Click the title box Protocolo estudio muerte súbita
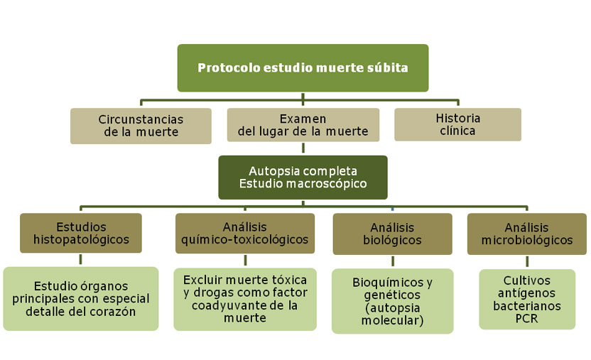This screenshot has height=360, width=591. (x=303, y=67)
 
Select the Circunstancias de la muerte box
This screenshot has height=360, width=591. (x=141, y=126)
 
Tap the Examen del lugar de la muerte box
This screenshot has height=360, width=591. (x=303, y=125)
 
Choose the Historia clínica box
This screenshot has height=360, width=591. (x=457, y=124)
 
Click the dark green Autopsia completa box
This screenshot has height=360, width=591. (x=303, y=178)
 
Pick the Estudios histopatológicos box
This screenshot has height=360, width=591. (x=81, y=233)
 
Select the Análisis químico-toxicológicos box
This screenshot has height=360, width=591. (x=245, y=233)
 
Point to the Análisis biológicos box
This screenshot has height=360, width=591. (x=392, y=234)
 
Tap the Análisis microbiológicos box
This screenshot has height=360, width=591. (x=527, y=234)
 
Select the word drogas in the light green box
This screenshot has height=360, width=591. (x=215, y=293)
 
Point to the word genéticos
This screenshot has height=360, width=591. (x=392, y=295)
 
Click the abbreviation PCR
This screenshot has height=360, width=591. (x=526, y=319)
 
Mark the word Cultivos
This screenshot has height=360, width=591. (x=526, y=280)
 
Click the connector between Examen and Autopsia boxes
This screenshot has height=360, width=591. (x=303, y=148)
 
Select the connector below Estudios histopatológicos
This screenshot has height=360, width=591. (x=80, y=259)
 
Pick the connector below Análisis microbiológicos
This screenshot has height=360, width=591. (x=527, y=261)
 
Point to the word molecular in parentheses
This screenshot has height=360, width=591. (x=392, y=320)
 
